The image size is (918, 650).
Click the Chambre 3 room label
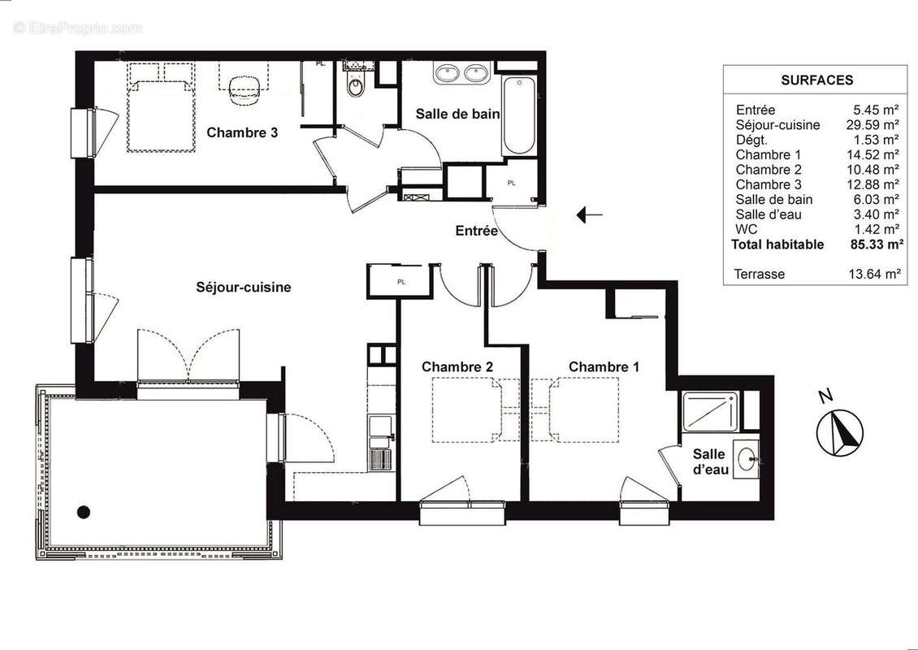[241, 132]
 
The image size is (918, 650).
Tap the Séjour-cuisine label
[243, 287]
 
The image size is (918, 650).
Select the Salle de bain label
[457, 115]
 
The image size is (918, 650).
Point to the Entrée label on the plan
[476, 231]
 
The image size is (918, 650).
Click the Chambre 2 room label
[457, 367]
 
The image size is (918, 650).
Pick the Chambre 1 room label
[604, 367]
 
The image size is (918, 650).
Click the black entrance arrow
[589, 215]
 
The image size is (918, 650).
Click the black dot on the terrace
[83, 512]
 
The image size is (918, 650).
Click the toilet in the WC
[355, 85]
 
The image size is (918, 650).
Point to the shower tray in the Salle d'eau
[711, 411]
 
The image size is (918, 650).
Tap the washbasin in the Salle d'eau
[746, 460]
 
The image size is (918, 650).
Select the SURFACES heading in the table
[816, 80]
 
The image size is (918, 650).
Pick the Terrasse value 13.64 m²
[874, 274]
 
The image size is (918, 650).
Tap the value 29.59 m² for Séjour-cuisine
[874, 125]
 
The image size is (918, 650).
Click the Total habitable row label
[777, 245]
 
